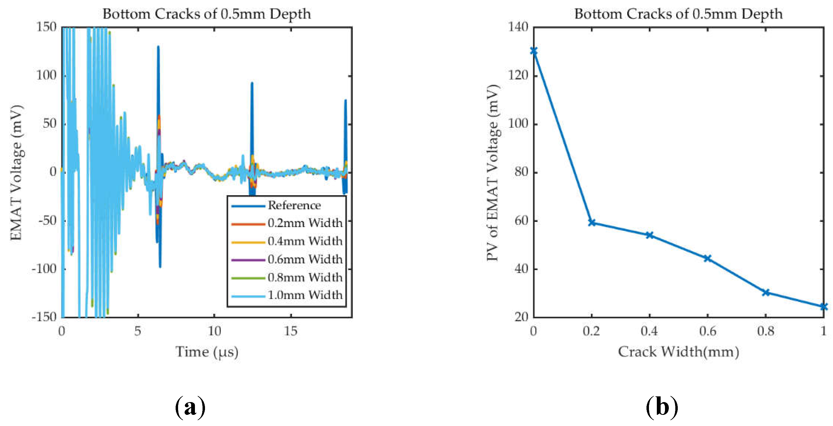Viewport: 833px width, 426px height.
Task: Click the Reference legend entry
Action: pyautogui.click(x=294, y=206)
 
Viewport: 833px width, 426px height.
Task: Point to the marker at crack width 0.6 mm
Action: pyautogui.click(x=707, y=258)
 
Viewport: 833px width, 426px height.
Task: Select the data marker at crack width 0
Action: pyautogui.click(x=534, y=51)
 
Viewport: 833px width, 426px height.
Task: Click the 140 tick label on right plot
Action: pyautogui.click(x=518, y=27)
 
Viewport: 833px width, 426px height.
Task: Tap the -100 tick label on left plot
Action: pyautogui.click(x=44, y=269)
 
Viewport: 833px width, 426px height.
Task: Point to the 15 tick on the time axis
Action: pyautogui.click(x=290, y=331)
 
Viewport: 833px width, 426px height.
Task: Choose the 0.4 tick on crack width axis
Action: pyautogui.click(x=649, y=331)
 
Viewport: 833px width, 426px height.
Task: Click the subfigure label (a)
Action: pyautogui.click(x=190, y=407)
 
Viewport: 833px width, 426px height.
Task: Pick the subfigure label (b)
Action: pyautogui.click(x=662, y=407)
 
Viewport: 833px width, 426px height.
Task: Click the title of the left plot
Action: pyautogui.click(x=207, y=14)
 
